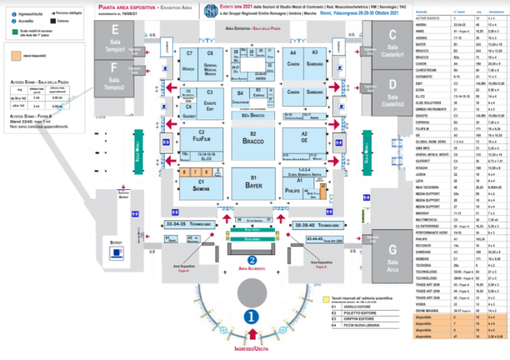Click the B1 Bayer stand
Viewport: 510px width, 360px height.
[x=253, y=183]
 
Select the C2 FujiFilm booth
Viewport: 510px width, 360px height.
[x=191, y=137]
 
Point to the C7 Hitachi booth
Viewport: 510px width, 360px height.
[x=189, y=62]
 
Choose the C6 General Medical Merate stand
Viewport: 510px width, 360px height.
[x=210, y=62]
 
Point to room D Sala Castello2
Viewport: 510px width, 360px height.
[x=393, y=94]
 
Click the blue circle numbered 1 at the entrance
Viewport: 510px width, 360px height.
[x=252, y=317]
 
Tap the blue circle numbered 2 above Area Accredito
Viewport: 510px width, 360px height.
[x=252, y=260]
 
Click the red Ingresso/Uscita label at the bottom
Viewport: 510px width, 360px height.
[x=252, y=348]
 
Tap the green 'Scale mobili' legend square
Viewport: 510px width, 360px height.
[x=16, y=31]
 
